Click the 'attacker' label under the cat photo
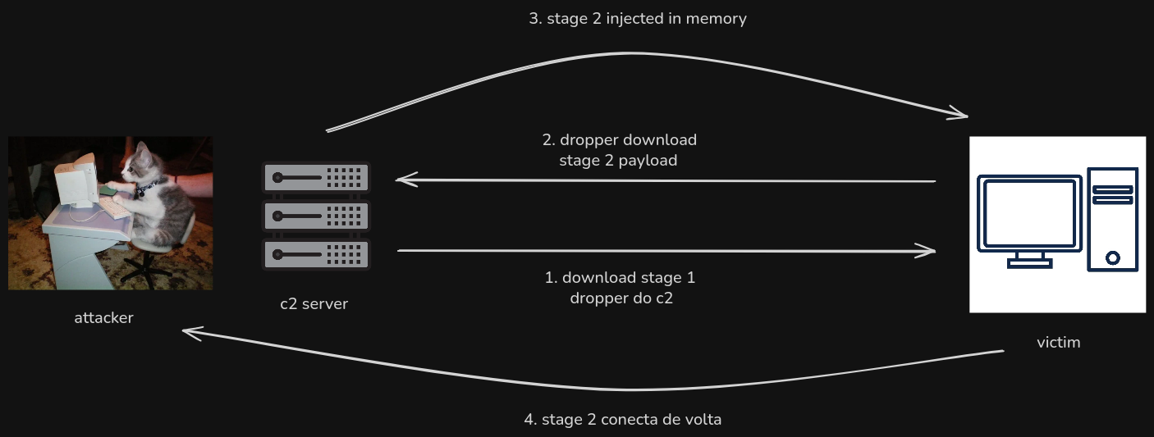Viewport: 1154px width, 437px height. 103,317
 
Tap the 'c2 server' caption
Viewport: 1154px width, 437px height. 314,304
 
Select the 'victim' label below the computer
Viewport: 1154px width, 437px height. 1059,342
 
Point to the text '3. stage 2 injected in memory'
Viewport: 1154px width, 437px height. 638,18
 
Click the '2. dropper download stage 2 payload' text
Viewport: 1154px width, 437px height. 619,150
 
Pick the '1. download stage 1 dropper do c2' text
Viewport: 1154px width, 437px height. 621,288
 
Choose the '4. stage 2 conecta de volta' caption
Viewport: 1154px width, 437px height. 622,419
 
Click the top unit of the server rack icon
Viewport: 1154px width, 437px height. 316,176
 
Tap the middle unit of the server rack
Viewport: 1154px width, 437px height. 316,216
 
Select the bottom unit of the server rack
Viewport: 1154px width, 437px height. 316,254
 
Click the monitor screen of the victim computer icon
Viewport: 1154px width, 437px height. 1029,212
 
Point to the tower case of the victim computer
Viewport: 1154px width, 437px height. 1113,218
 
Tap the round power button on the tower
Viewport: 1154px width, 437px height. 1113,257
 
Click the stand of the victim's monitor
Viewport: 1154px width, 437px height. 1029,260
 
